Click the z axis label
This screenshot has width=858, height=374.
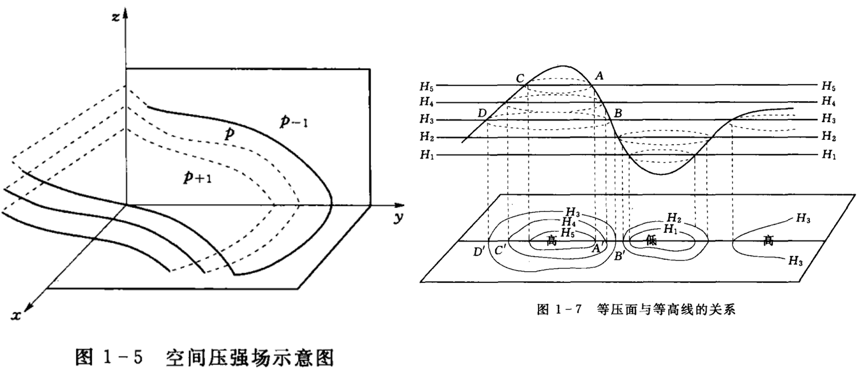click(x=115, y=17)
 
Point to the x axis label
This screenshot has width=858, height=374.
click(x=16, y=315)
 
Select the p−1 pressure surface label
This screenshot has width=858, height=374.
click(x=293, y=122)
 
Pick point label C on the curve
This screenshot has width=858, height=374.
click(x=520, y=79)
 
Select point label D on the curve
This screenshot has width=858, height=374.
click(x=482, y=114)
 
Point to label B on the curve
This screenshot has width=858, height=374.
click(x=618, y=113)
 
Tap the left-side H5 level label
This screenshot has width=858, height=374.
click(x=427, y=87)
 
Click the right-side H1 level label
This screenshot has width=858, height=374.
click(x=829, y=155)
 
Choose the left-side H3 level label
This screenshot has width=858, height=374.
click(x=427, y=119)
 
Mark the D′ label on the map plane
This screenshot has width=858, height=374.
click(x=479, y=252)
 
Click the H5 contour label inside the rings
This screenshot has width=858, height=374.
click(x=568, y=233)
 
